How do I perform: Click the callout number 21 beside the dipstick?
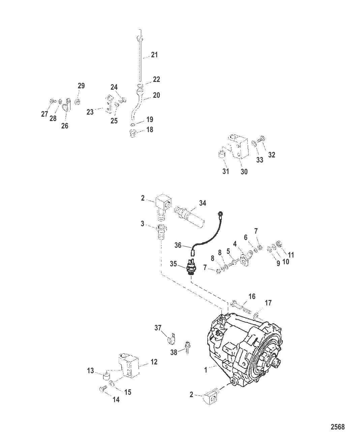point(154,55)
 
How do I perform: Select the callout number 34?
point(203,203)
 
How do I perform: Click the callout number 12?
point(154,362)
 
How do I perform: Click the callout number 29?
point(81,86)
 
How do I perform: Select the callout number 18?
point(150,129)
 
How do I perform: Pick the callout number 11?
point(291,255)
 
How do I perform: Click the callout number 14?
point(116,400)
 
